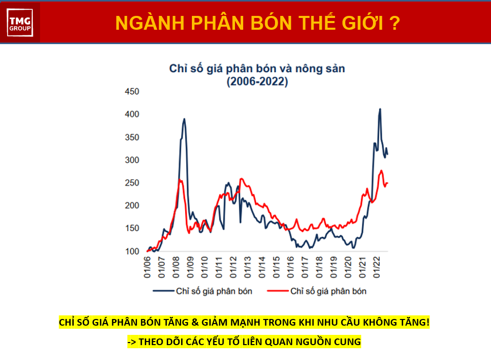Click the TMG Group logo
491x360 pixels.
[20, 23]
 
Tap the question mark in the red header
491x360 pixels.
[395, 23]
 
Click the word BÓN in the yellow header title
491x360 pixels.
[271, 23]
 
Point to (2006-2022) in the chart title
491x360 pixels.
[257, 82]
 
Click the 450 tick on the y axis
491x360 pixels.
[132, 91]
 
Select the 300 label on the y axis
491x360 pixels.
[132, 160]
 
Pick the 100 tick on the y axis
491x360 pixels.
[132, 251]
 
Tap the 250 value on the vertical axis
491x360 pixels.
[132, 183]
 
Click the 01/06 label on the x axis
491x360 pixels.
[147, 267]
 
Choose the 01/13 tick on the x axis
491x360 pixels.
[247, 267]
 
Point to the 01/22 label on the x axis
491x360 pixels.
[377, 267]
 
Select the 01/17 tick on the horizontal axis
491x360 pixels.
[305, 267]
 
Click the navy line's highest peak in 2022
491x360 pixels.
[380, 109]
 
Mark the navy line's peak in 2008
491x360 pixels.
[184, 119]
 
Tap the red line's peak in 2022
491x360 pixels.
[381, 171]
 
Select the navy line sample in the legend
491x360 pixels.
[163, 291]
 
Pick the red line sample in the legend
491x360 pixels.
[278, 291]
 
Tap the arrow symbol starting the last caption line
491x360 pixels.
[132, 342]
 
